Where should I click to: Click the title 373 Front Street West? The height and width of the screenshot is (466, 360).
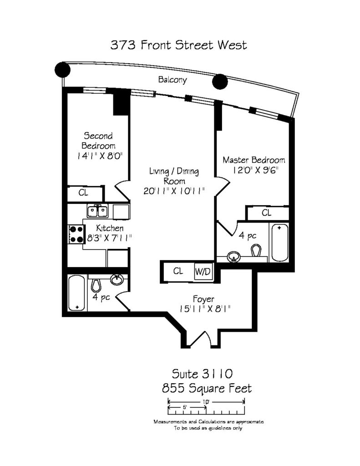tap(179, 45)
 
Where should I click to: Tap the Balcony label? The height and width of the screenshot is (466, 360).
tap(172, 80)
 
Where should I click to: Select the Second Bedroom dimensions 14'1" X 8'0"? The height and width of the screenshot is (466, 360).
tap(100, 156)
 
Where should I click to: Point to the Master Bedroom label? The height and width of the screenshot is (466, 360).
tap(254, 160)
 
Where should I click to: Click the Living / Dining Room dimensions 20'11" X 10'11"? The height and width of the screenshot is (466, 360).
tap(174, 191)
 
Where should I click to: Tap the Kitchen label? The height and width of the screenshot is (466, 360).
tap(110, 228)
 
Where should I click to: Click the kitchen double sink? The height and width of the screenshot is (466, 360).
tap(97, 211)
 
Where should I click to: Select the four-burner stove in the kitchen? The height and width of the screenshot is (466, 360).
tap(76, 234)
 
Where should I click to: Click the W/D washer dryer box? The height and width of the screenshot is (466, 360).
tap(203, 271)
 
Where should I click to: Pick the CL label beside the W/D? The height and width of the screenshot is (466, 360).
tap(178, 271)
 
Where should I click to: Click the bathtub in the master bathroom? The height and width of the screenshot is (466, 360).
tap(280, 243)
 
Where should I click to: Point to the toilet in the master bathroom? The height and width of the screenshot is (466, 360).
tap(256, 250)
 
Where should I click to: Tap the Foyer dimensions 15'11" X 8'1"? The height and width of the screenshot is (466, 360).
tap(205, 309)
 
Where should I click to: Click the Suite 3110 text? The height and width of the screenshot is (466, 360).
tap(202, 374)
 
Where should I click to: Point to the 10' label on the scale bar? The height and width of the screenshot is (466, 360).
tap(206, 402)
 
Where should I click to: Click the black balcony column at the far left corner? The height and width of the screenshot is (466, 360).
tap(62, 70)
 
